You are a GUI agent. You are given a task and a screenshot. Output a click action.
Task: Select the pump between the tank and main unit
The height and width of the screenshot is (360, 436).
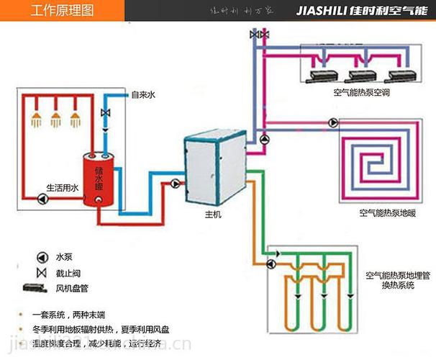pos(175,183)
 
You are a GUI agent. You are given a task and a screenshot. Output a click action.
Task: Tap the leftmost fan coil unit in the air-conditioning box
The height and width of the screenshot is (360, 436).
pos(321,75)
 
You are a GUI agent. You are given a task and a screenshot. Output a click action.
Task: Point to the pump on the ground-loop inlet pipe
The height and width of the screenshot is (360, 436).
pos(270,264)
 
